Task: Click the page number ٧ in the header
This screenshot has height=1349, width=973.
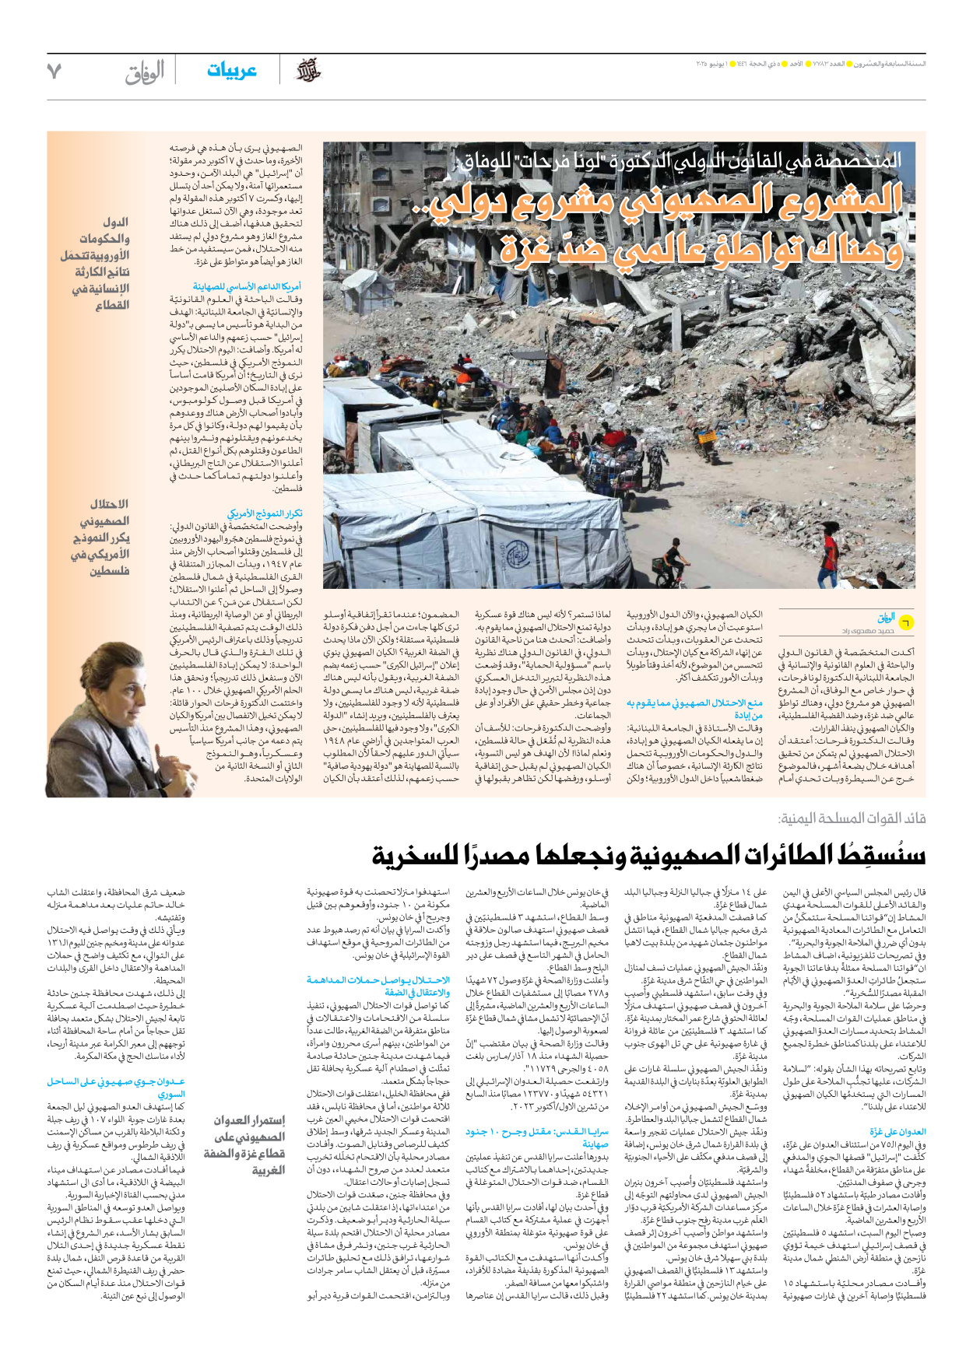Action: [54, 71]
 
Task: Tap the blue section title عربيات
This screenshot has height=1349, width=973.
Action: [232, 71]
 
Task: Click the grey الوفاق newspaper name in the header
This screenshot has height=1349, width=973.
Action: [145, 72]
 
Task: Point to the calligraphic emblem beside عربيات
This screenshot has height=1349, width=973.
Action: [309, 71]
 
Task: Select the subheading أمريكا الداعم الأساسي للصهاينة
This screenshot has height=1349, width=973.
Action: [247, 287]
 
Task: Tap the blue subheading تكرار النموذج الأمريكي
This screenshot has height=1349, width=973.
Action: [265, 513]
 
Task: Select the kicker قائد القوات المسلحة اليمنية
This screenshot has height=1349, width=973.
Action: [852, 818]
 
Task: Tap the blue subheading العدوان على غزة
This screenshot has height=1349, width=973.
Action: [897, 1132]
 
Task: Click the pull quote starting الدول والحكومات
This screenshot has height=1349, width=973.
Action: [96, 264]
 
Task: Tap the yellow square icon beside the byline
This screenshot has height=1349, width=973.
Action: [905, 622]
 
